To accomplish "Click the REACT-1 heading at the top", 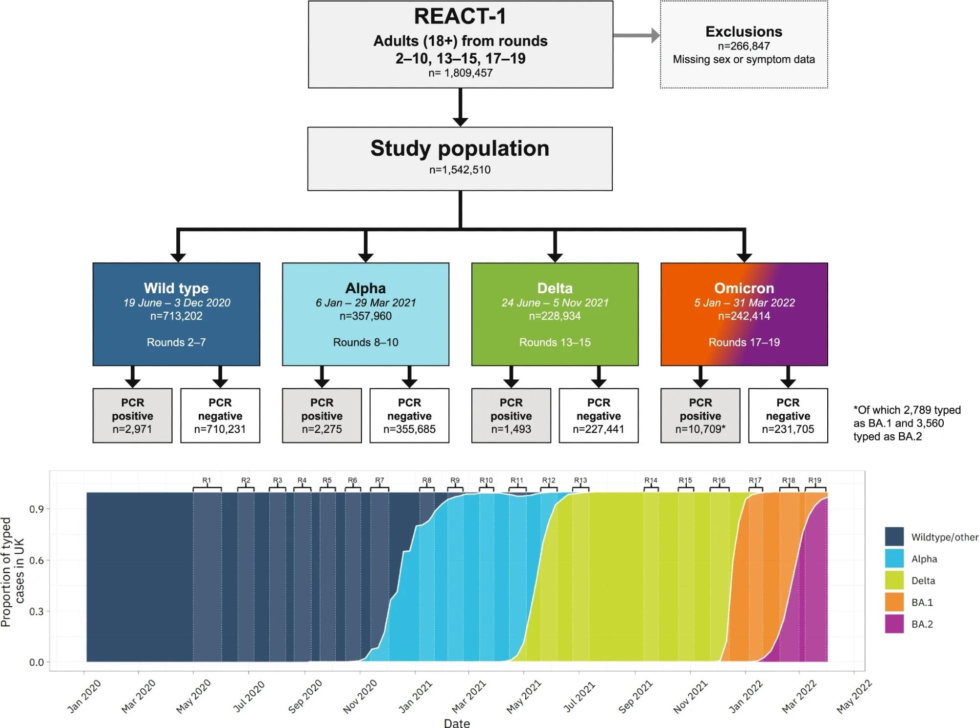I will (x=460, y=17).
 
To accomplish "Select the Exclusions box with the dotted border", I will (x=744, y=45).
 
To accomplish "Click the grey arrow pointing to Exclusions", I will (x=636, y=35).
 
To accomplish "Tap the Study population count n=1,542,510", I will (x=460, y=170).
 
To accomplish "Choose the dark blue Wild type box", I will (x=176, y=314).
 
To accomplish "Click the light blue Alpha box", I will (x=365, y=314).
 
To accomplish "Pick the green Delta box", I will (x=555, y=314).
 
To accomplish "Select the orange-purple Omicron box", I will (x=744, y=314).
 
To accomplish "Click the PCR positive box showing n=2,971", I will (x=132, y=416).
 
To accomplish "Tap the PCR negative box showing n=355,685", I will (x=409, y=416).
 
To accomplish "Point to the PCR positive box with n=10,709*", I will (x=700, y=416).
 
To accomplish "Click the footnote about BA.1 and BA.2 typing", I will (x=907, y=423).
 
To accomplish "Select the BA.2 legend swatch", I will (x=894, y=624).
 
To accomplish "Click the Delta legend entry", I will (x=923, y=581).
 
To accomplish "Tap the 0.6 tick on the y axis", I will (x=36, y=560).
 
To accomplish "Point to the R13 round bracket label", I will (x=580, y=481).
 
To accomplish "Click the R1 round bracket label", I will (x=207, y=481).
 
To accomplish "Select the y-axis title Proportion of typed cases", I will (x=12, y=572).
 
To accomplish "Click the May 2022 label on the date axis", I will (x=854, y=696).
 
